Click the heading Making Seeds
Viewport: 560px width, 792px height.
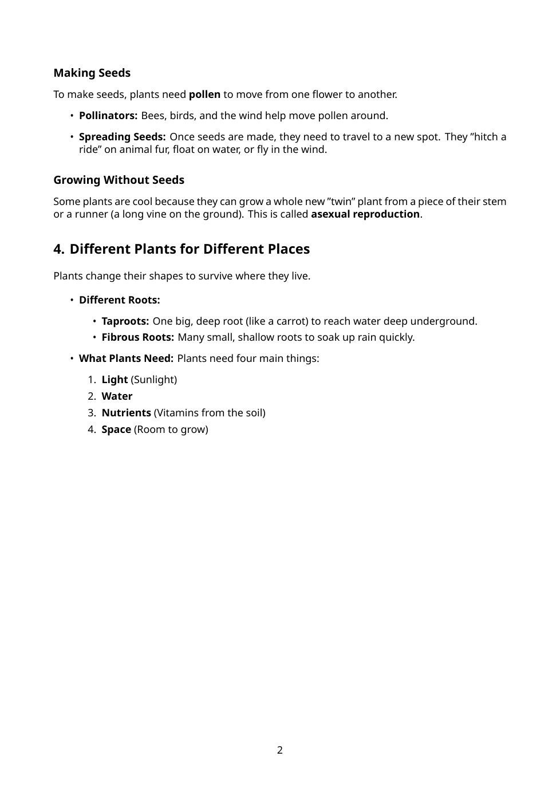coord(92,73)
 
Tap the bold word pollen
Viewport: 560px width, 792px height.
coord(204,94)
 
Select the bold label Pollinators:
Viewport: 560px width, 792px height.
coord(108,116)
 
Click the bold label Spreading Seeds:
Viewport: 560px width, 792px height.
coord(122,137)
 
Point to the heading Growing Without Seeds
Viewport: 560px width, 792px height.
coord(119,180)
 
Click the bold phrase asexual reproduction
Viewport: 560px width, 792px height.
coord(365,214)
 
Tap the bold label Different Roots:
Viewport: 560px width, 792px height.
coord(119,300)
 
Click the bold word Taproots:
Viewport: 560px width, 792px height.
coord(125,321)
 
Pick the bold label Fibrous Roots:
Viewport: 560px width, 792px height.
coord(137,337)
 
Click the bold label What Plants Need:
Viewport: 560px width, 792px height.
coord(126,358)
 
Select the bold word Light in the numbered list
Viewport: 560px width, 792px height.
coord(115,380)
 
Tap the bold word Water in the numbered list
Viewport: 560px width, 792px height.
coord(117,396)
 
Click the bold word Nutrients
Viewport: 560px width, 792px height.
coord(126,413)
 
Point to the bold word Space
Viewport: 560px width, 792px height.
coord(116,430)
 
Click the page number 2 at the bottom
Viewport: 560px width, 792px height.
coord(280,750)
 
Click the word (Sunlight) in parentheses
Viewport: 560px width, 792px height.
coord(154,380)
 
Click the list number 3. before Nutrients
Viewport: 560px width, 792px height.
coord(92,413)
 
